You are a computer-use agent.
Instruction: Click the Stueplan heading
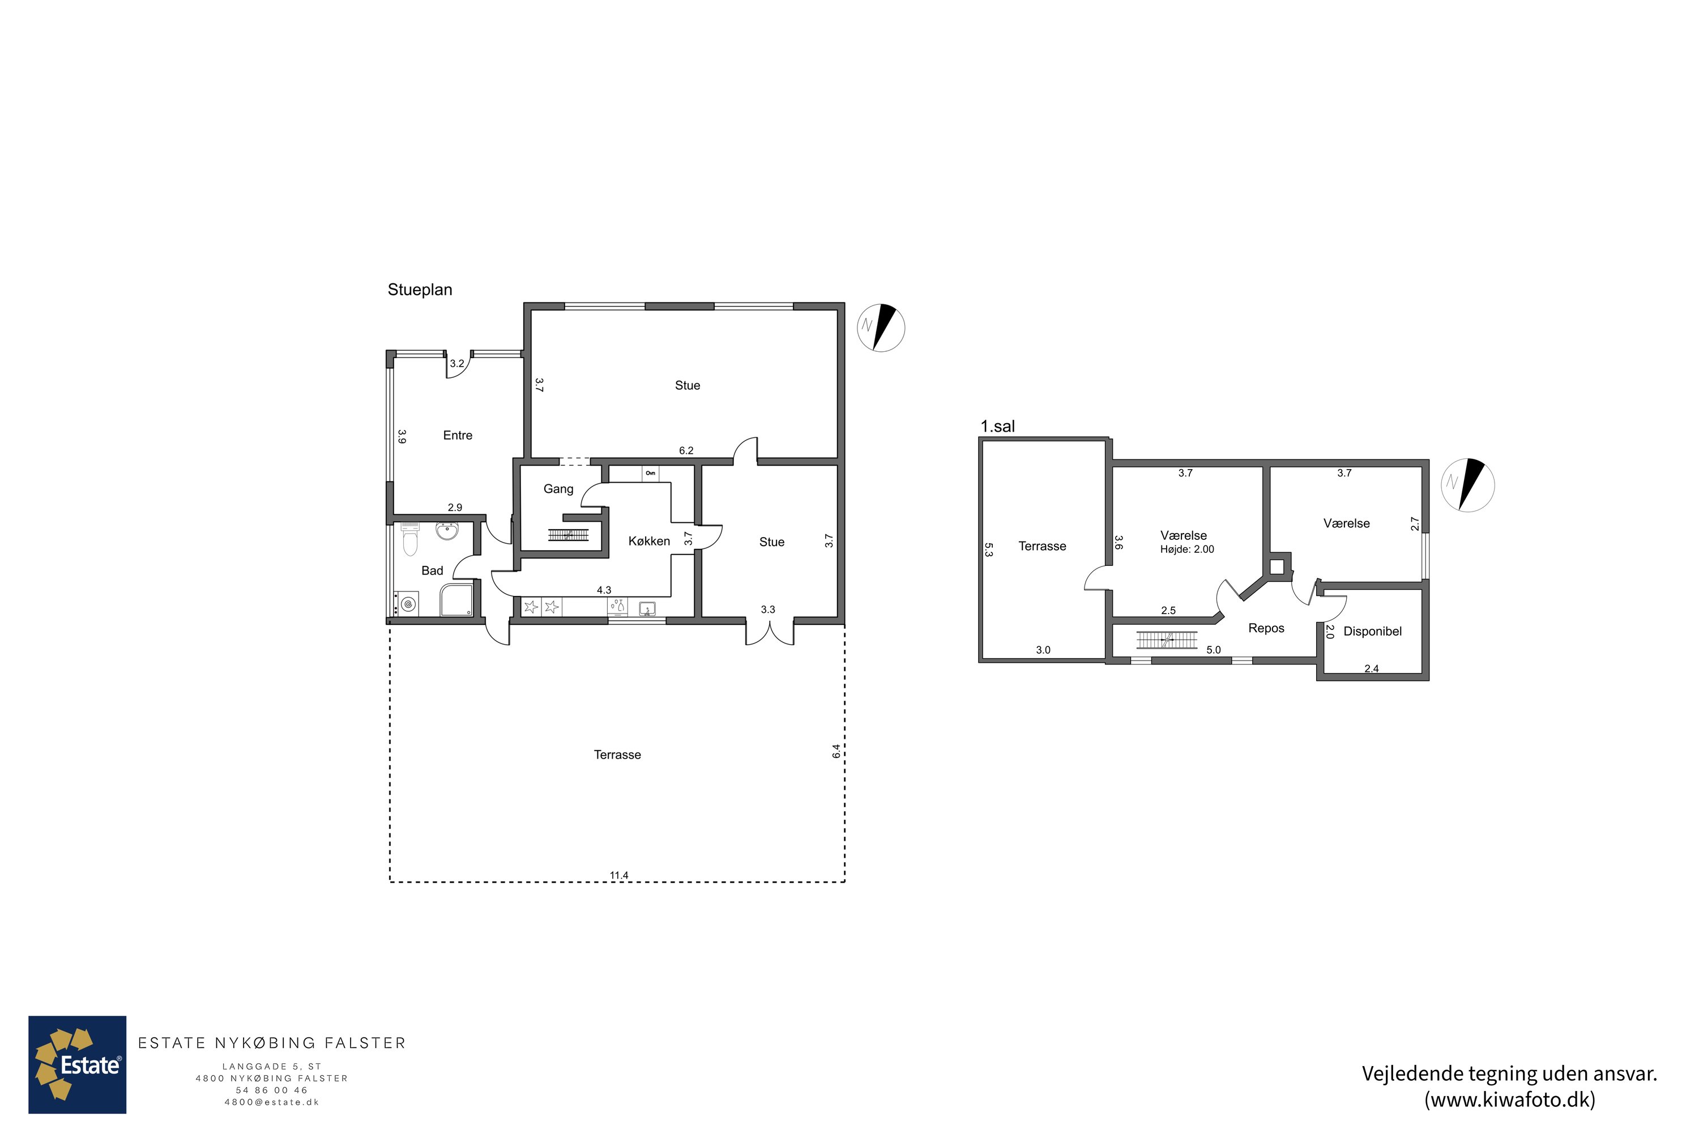click(x=420, y=289)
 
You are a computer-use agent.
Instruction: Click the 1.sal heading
click(x=997, y=427)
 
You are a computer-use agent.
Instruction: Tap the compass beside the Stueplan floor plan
click(x=881, y=328)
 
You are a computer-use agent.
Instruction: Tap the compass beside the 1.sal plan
click(x=1467, y=485)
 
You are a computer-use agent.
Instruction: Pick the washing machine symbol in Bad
click(x=407, y=603)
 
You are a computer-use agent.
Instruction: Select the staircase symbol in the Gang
click(x=569, y=535)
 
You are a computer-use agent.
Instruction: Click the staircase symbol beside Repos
click(x=1167, y=640)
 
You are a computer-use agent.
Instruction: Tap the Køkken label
click(x=648, y=541)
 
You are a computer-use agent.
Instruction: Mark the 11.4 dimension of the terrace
click(x=619, y=875)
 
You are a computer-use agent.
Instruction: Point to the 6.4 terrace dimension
click(x=836, y=752)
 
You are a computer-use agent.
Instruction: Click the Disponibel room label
click(x=1372, y=631)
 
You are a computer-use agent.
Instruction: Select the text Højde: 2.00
click(x=1187, y=549)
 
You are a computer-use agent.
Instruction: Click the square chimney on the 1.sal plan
click(x=1277, y=566)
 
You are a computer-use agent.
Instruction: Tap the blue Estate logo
click(x=77, y=1064)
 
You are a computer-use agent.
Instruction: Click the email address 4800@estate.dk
click(x=272, y=1102)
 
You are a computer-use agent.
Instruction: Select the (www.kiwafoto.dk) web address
click(x=1510, y=1099)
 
